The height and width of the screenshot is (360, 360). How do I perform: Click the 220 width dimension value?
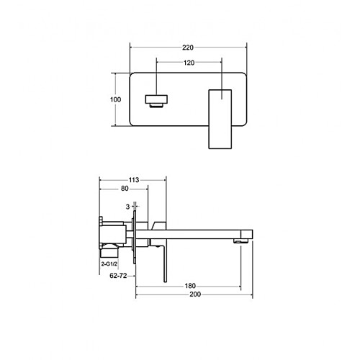tap(188, 48)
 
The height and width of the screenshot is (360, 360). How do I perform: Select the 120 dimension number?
tap(189, 63)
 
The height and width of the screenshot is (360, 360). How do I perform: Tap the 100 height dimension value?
tap(115, 99)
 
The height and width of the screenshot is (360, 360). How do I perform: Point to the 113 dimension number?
tap(134, 180)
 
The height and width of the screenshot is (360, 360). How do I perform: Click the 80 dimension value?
tap(125, 189)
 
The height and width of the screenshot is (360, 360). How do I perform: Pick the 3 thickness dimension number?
tap(127, 207)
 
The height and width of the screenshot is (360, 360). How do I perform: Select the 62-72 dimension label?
tap(118, 276)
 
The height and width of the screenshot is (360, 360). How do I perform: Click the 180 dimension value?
tap(190, 286)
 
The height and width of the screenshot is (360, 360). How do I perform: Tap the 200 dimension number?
tap(195, 294)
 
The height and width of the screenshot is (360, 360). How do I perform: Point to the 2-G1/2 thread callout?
tap(109, 264)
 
